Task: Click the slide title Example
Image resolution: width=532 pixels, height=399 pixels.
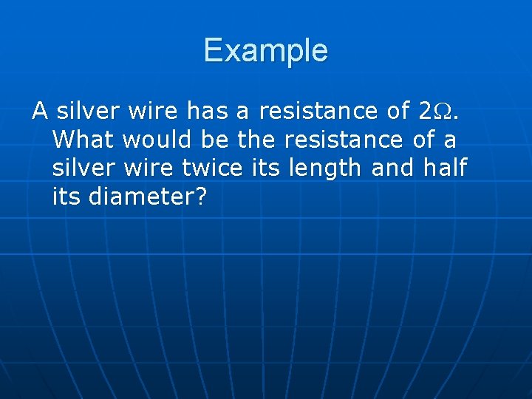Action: tap(265, 51)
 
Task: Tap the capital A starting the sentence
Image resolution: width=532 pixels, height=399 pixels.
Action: tap(40, 112)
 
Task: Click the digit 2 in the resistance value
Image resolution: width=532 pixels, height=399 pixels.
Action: tap(425, 112)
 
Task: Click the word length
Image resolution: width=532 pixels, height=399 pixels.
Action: tap(323, 169)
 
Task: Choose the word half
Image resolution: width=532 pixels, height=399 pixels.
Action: tap(446, 168)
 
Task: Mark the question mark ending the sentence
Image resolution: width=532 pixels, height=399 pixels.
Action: tap(199, 197)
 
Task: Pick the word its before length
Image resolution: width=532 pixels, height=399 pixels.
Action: tap(265, 168)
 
